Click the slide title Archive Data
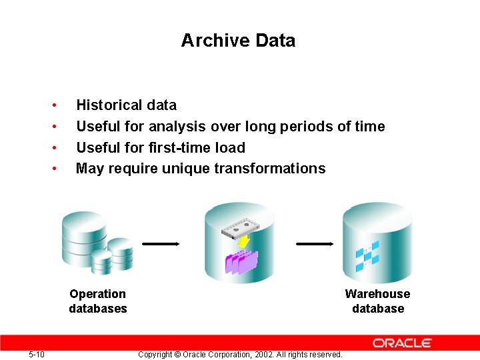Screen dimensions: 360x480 click(238, 41)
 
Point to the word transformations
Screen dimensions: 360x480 click(270, 168)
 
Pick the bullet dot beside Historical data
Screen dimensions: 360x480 click(53, 105)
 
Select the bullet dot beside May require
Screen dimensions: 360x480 click(53, 168)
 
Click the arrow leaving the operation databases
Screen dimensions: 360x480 click(161, 244)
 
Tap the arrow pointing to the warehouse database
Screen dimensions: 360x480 click(315, 244)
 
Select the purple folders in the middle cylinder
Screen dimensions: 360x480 click(241, 262)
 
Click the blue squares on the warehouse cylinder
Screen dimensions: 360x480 click(367, 256)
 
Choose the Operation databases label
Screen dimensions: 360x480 click(97, 301)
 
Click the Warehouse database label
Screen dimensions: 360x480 click(377, 301)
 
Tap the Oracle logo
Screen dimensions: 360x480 click(402, 343)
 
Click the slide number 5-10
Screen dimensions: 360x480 click(37, 354)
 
